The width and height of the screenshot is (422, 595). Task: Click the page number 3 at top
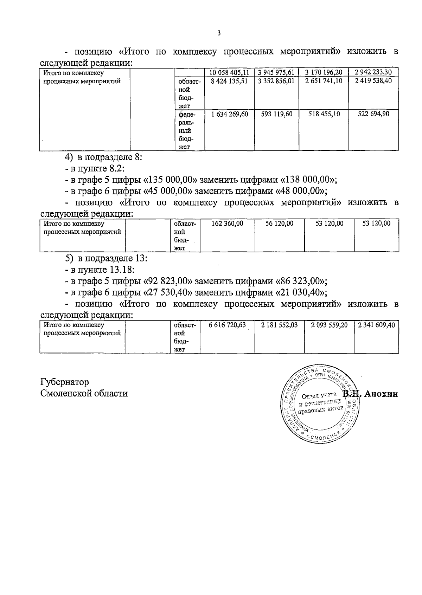pos(219,33)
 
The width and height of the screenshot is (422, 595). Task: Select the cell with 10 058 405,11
pos(229,72)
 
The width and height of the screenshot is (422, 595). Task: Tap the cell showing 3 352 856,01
pos(276,81)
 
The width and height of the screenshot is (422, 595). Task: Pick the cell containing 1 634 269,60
pos(229,114)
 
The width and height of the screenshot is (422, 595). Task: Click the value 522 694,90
pos(373,114)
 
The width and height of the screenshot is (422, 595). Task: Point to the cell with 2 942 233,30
pos(373,72)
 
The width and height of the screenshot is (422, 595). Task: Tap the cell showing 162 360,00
pos(227,224)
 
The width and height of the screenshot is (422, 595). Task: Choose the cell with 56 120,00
pos(279,224)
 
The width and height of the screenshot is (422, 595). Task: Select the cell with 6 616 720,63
pos(227,325)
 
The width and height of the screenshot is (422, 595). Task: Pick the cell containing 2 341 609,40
pos(376,325)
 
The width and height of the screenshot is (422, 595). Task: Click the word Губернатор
pos(65,382)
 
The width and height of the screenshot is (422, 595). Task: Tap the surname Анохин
pos(381,394)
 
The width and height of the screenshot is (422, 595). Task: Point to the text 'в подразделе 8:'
pos(110,157)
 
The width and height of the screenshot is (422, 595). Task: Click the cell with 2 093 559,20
pos(329,325)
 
